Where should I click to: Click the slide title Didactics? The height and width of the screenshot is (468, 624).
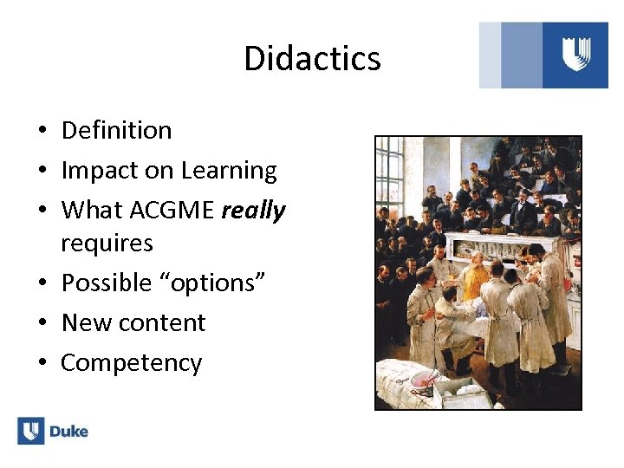pos(312,58)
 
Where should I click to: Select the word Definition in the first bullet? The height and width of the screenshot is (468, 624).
pos(116,130)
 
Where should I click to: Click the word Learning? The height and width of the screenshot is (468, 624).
pos(229,171)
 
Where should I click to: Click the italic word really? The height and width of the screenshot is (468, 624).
pos(254,210)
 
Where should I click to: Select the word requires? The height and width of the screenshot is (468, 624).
pos(107,243)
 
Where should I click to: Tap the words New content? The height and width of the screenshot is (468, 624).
pos(133,322)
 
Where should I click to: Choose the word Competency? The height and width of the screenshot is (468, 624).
pos(131,362)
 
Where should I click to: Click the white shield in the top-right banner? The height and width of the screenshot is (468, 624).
pos(575,54)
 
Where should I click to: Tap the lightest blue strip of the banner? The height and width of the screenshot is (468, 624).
pos(490,55)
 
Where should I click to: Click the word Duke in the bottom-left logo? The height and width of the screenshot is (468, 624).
pos(68,432)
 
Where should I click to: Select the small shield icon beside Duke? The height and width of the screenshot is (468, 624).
pos(30,431)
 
